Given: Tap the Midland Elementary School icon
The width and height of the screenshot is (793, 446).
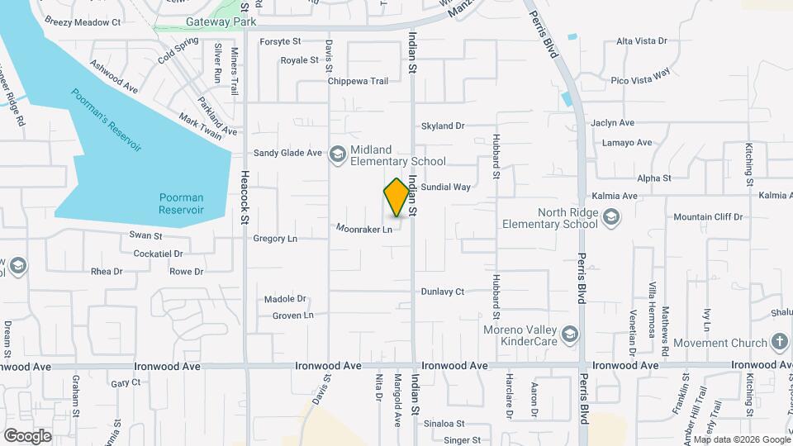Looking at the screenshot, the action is click(x=337, y=154).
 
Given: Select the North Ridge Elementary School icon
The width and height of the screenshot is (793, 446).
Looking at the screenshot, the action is click(x=610, y=217).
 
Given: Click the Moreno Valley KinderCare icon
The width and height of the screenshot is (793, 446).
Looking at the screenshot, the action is click(x=568, y=334).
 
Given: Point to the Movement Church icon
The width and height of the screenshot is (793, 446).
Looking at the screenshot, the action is click(x=779, y=342).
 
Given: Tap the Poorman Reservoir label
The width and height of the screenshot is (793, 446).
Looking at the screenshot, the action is click(x=181, y=203).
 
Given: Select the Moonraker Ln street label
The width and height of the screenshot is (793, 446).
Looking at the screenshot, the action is click(x=364, y=229).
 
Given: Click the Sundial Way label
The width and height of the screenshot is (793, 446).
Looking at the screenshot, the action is click(x=445, y=187).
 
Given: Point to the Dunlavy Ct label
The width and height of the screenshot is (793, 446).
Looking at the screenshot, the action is click(x=443, y=292).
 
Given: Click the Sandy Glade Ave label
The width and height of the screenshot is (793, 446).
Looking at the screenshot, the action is click(x=287, y=153).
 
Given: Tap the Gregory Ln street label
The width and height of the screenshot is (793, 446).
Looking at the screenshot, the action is click(x=274, y=239).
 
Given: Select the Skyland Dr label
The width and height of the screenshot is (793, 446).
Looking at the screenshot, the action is click(x=443, y=126).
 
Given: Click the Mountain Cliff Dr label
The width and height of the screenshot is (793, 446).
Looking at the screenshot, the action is click(x=708, y=217).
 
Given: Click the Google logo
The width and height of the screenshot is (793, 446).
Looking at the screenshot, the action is click(x=27, y=435).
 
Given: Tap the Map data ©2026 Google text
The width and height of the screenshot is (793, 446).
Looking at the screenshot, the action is click(x=741, y=439).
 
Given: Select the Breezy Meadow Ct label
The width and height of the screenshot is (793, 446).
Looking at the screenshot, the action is click(x=83, y=21).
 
